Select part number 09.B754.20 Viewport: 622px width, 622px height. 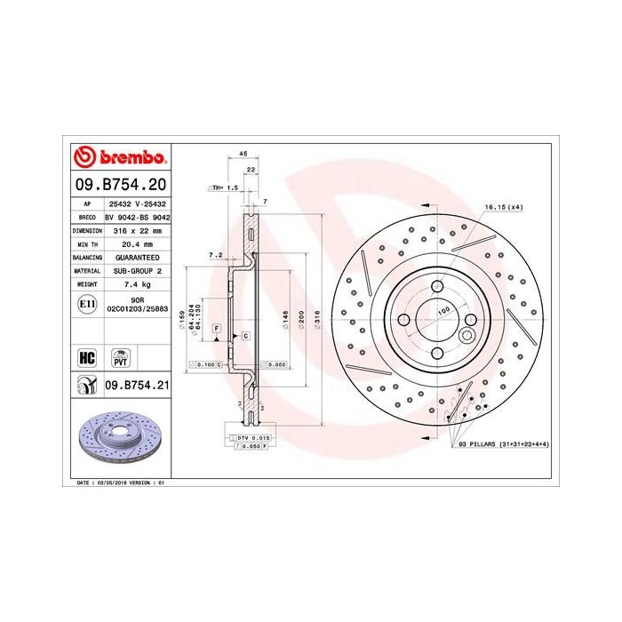[119, 185]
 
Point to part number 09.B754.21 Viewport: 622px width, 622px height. [137, 385]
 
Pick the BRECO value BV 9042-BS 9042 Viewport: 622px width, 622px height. [137, 216]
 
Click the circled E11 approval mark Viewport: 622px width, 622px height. [87, 304]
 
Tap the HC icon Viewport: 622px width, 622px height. [87, 358]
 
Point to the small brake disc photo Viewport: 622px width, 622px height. [119, 442]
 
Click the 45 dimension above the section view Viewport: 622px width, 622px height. [243, 154]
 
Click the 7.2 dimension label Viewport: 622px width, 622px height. [214, 254]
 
